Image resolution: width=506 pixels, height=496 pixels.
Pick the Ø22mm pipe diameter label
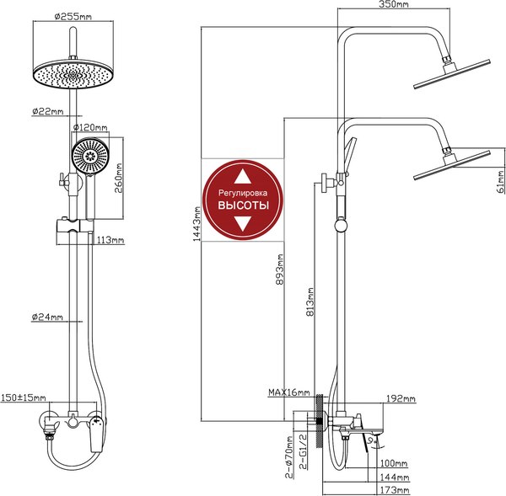(46, 111)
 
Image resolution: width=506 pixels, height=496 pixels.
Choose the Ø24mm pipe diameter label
(47, 317)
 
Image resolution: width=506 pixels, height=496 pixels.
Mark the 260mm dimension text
(120, 178)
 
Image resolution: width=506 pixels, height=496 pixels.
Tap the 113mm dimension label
(110, 241)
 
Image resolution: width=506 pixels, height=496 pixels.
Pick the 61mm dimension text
(499, 178)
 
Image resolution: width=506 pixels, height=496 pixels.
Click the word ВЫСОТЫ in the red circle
(244, 205)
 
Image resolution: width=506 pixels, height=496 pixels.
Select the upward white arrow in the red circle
(243, 177)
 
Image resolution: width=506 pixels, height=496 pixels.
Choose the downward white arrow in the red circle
(243, 224)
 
